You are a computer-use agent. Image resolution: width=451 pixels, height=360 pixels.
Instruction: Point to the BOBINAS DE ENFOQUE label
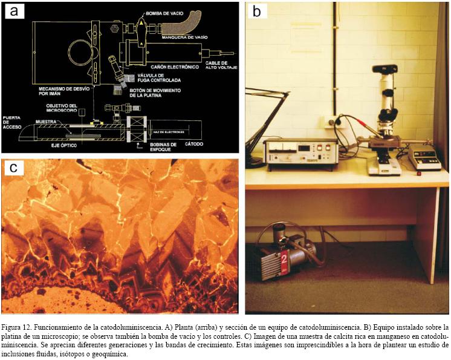pos(161,147)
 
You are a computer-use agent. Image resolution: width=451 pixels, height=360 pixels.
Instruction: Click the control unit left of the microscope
pos(300,152)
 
